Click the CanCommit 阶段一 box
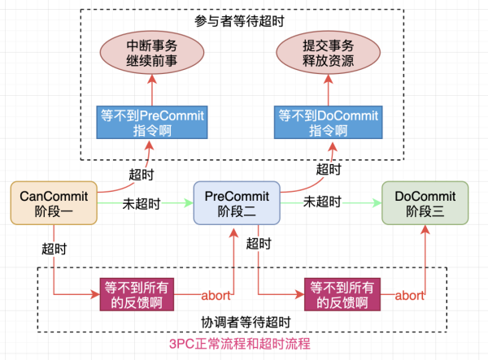[54, 203]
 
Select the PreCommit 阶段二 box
[237, 203]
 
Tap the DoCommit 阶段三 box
[425, 203]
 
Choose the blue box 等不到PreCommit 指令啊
[150, 122]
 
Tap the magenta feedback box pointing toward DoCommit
[342, 294]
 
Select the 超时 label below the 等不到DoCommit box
[329, 170]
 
